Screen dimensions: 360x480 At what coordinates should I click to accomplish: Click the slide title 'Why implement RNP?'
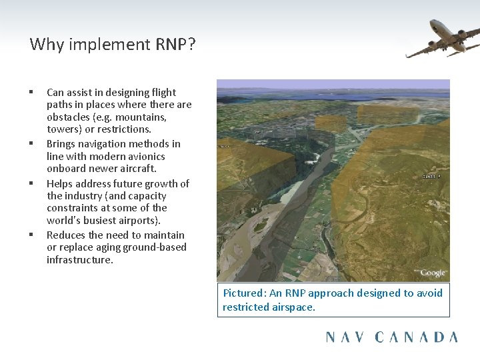coord(113,45)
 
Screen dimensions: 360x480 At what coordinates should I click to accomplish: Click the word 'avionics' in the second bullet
coord(144,156)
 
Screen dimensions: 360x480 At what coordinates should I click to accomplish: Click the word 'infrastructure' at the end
coord(80,259)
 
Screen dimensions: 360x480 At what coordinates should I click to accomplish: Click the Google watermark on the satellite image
coord(433,273)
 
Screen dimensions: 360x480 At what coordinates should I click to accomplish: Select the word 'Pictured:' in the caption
coord(245,293)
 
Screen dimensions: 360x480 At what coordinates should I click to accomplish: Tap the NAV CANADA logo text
coord(391,337)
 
